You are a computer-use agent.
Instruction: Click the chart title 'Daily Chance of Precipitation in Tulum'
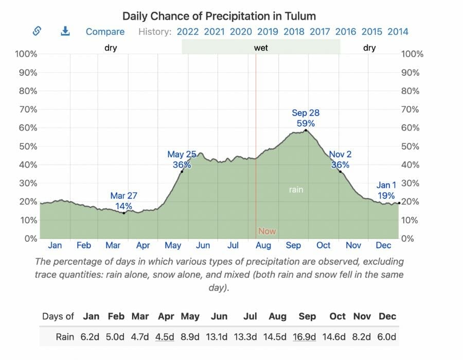pos(219,16)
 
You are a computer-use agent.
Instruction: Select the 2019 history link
pos(268,32)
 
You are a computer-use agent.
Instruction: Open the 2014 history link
pos(398,32)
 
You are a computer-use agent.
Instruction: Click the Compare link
pos(105,32)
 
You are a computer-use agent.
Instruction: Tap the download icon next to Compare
pos(65,31)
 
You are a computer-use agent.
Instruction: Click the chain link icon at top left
pos(37,31)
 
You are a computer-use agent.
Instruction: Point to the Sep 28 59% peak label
pos(306,118)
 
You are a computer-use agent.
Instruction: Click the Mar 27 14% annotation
pos(123,201)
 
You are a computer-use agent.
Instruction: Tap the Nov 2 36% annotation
pos(340,159)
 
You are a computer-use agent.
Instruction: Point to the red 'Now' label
pos(266,231)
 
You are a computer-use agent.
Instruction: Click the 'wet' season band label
pos(261,48)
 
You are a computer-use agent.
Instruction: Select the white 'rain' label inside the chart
pos(296,190)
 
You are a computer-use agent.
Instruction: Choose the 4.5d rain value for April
pos(165,337)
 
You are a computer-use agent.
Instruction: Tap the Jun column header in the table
pos(219,316)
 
